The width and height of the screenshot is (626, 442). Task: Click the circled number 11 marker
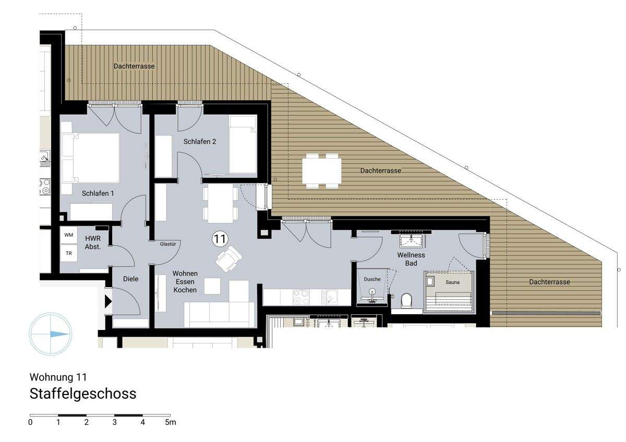pyautogui.click(x=220, y=239)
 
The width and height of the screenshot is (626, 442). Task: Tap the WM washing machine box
pyautogui.click(x=69, y=235)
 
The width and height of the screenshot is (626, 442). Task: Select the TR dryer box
pyautogui.click(x=69, y=253)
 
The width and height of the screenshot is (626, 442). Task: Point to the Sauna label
pyautogui.click(x=453, y=282)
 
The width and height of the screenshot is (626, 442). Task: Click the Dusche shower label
pyautogui.click(x=372, y=279)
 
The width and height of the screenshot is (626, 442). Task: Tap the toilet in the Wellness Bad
pyautogui.click(x=406, y=300)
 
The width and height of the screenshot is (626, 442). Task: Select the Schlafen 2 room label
pyautogui.click(x=199, y=142)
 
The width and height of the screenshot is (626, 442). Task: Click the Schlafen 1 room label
pyautogui.click(x=98, y=193)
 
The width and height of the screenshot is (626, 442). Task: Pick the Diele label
pyautogui.click(x=131, y=279)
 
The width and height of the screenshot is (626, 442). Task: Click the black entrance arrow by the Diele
pyautogui.click(x=108, y=301)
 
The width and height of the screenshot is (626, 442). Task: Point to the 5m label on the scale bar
pyautogui.click(x=171, y=422)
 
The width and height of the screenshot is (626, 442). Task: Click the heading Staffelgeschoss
pyautogui.click(x=83, y=394)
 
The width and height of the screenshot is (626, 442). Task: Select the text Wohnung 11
pyautogui.click(x=58, y=376)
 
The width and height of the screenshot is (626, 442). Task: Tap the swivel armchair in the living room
pyautogui.click(x=228, y=257)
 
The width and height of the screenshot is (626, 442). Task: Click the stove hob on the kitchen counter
pyautogui.click(x=302, y=297)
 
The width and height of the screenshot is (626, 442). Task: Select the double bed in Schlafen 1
pyautogui.click(x=91, y=156)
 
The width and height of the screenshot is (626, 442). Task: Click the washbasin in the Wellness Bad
pyautogui.click(x=412, y=240)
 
